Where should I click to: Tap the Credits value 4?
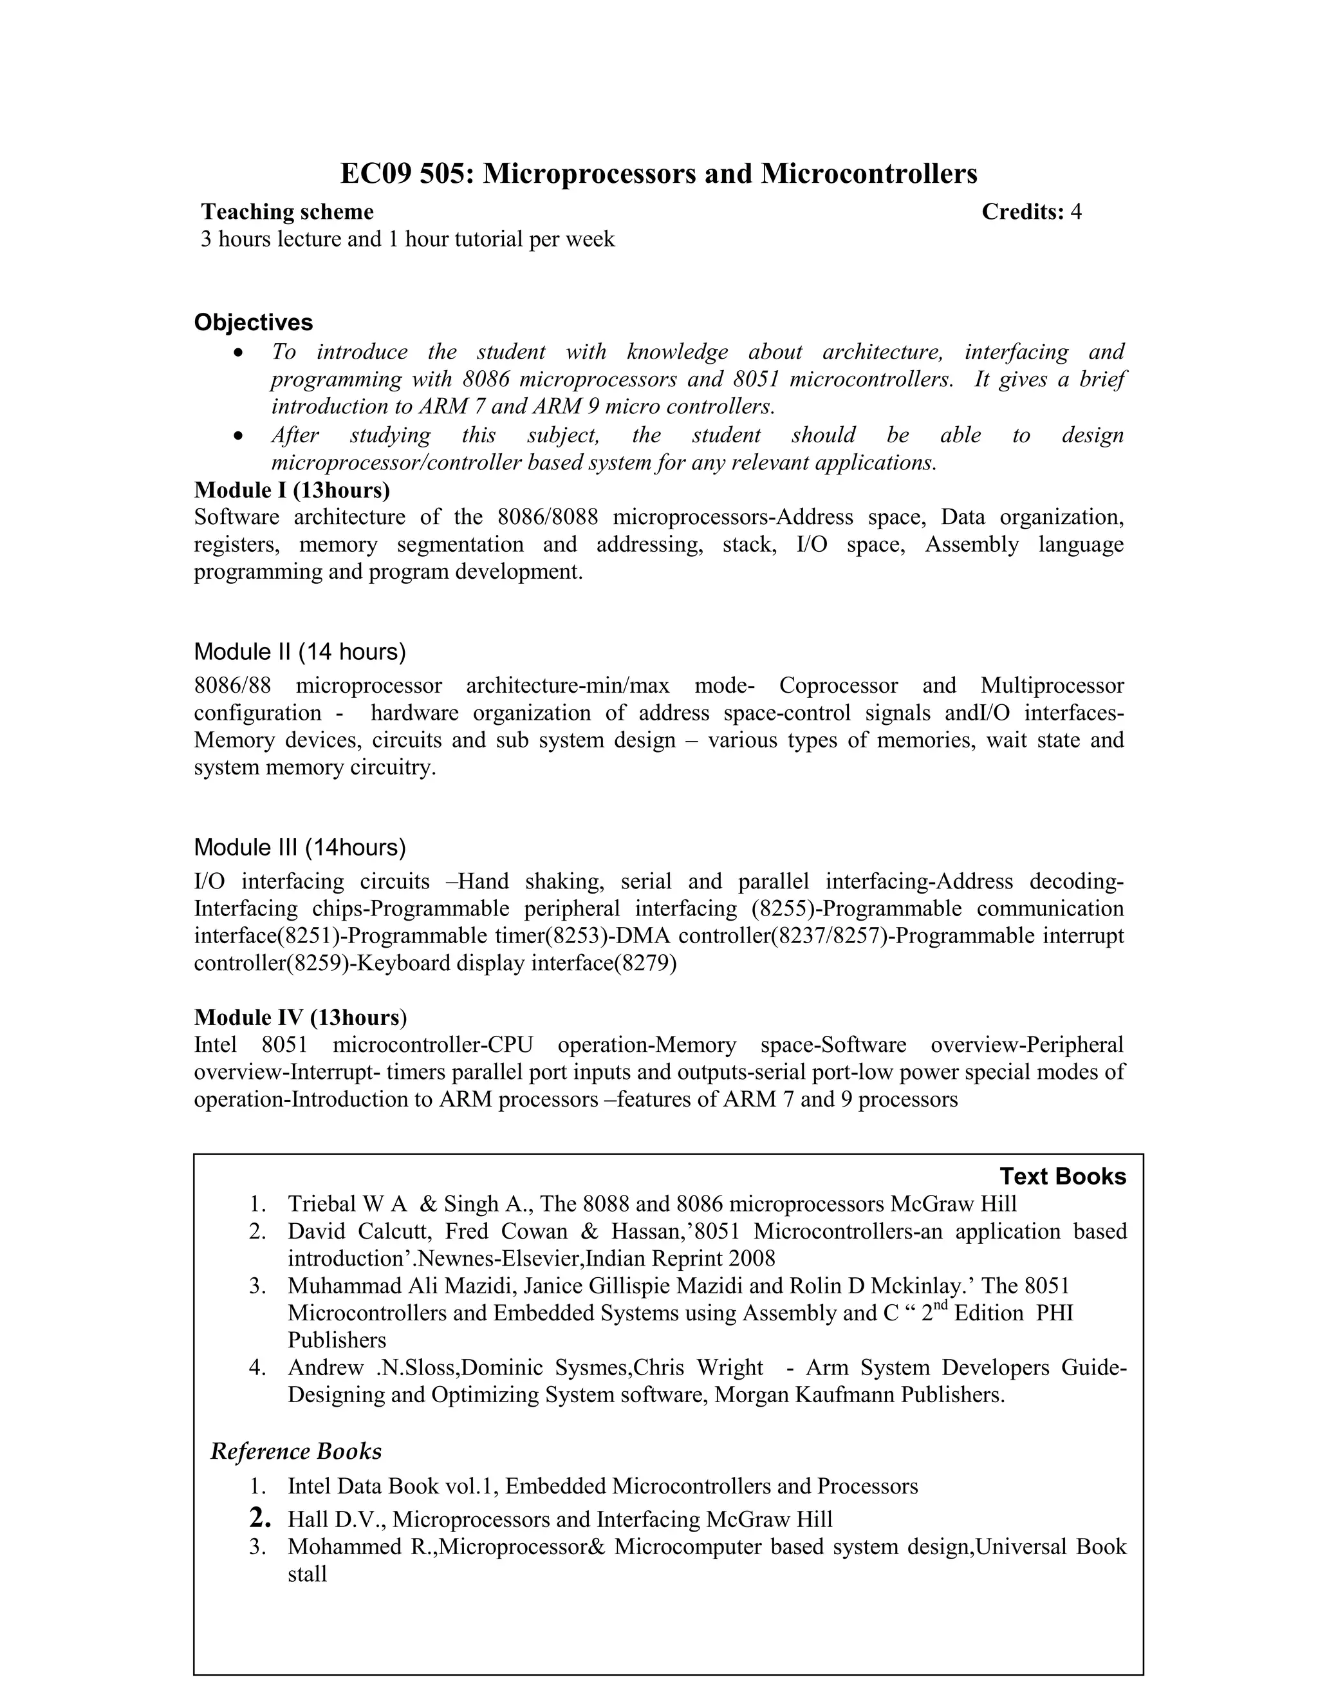(1076, 212)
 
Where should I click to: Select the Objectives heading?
(253, 322)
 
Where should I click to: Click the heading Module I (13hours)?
(292, 490)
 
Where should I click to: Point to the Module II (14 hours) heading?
(299, 651)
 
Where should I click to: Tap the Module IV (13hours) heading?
(300, 1017)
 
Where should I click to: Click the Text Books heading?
(1063, 1176)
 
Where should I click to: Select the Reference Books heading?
(296, 1450)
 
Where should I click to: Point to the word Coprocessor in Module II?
(838, 685)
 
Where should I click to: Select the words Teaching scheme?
(287, 212)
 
